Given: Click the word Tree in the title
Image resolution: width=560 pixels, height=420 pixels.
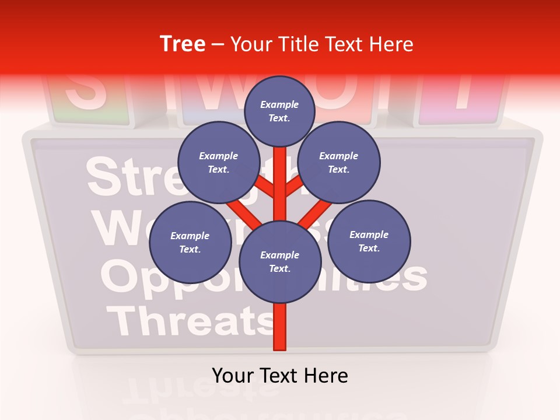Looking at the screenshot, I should pyautogui.click(x=183, y=44).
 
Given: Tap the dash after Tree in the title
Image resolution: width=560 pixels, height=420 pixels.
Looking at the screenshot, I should pyautogui.click(x=218, y=45).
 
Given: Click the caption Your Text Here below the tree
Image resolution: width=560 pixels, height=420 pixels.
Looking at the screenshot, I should pyautogui.click(x=280, y=376).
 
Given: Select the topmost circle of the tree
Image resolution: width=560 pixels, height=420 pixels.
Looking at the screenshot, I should pyautogui.click(x=279, y=111).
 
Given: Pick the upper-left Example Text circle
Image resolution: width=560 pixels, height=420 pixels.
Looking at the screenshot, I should pyautogui.click(x=219, y=162).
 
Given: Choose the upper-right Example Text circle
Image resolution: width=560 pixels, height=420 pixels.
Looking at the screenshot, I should pyautogui.click(x=339, y=162).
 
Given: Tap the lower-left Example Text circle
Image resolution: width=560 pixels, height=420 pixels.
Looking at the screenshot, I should pyautogui.click(x=190, y=242).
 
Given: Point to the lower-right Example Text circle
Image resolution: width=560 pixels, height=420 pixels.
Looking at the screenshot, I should pyautogui.click(x=369, y=241).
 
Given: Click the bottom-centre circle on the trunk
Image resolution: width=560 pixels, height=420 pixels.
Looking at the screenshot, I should pyautogui.click(x=280, y=261).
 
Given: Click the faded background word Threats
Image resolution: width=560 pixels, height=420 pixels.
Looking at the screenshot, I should pyautogui.click(x=187, y=321).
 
